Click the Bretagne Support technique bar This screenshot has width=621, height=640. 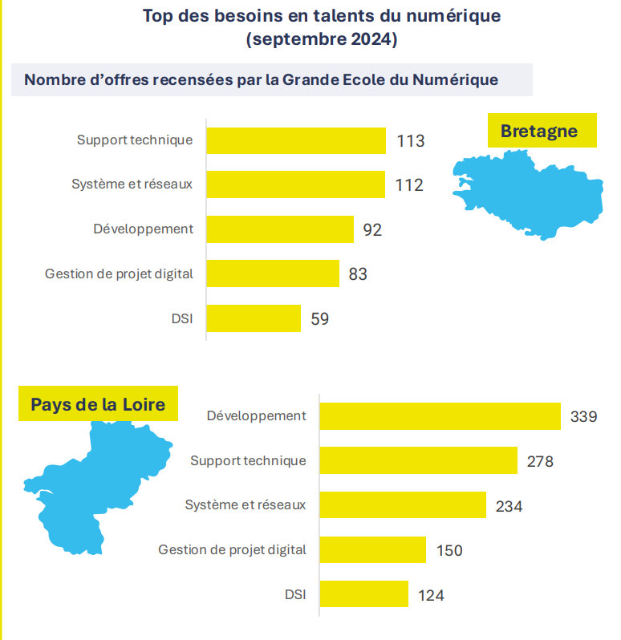click(296, 140)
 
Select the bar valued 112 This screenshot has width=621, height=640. click(295, 185)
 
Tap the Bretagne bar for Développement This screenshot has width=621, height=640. click(280, 229)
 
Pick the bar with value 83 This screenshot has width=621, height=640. click(273, 273)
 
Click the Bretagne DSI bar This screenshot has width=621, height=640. click(254, 318)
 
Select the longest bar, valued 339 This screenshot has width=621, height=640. click(440, 416)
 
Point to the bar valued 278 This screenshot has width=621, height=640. click(418, 461)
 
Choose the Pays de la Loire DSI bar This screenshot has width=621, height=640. click(364, 595)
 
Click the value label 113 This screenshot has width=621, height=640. click(410, 141)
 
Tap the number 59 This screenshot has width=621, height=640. click(320, 318)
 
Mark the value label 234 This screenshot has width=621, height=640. click(509, 506)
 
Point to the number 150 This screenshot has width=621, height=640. click(449, 550)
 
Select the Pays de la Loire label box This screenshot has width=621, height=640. click(98, 404)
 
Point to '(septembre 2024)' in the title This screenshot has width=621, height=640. click(322, 39)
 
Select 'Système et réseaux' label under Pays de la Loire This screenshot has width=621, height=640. click(246, 505)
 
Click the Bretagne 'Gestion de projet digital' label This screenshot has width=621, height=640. click(120, 273)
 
